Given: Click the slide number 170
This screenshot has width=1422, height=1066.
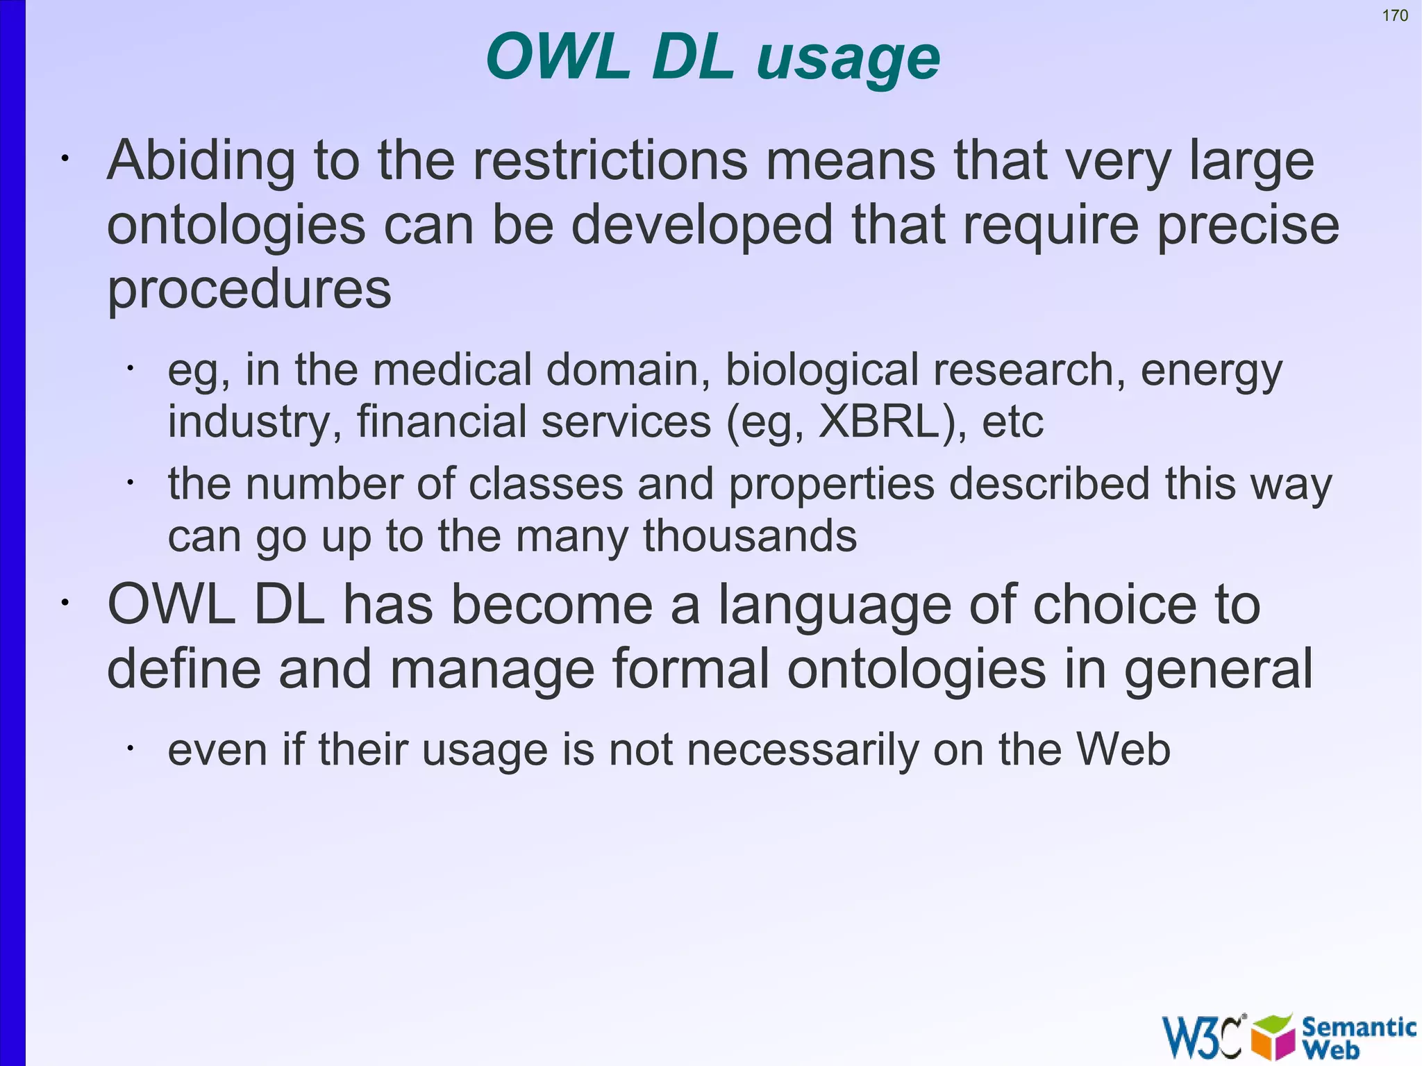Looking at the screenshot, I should coord(1394,15).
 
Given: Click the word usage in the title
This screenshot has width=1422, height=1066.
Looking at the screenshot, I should coord(848,58).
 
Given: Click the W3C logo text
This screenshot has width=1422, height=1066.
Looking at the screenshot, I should coord(1202,1038).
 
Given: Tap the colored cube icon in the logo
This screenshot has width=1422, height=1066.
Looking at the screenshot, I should coord(1273,1037).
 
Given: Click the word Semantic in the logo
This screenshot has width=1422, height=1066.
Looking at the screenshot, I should coord(1358,1026).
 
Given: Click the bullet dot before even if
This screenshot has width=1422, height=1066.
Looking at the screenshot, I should coord(130,748).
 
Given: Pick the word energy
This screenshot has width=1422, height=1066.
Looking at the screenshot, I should coord(1211,370).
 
